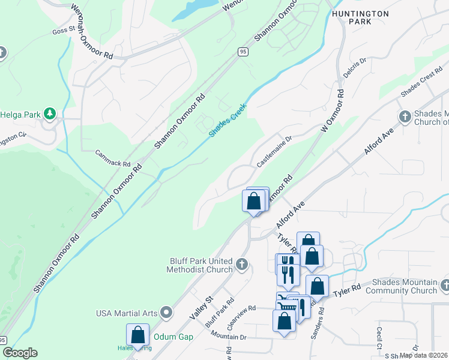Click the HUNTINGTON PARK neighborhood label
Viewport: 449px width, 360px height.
(x=360, y=17)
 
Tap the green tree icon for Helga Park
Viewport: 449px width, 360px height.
(x=51, y=113)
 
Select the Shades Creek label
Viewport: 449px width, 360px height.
(x=229, y=117)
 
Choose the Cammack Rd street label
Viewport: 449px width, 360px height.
(x=112, y=158)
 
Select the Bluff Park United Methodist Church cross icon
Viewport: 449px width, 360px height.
(x=242, y=264)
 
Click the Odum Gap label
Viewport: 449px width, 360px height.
(x=173, y=337)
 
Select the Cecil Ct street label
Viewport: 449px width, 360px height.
(x=379, y=337)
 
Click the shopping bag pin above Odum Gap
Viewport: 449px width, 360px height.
(x=137, y=335)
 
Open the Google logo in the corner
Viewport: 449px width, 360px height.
(x=20, y=353)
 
